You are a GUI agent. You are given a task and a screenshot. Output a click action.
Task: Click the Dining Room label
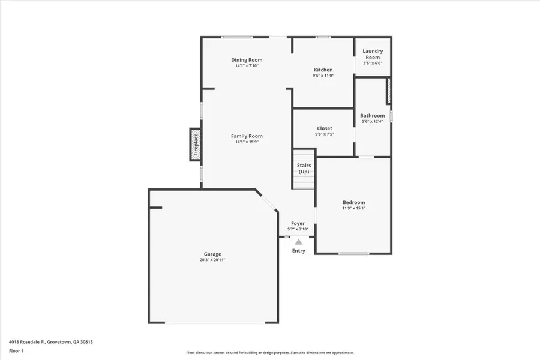(x=247, y=60)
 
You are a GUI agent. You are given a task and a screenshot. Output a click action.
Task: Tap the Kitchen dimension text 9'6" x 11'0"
(x=323, y=76)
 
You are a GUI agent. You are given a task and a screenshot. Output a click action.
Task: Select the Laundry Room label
(x=373, y=54)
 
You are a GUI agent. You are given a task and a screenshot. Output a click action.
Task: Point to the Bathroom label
(x=372, y=116)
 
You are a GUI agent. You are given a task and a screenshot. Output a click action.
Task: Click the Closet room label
(x=324, y=128)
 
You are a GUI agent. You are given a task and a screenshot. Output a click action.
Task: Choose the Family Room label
(x=247, y=136)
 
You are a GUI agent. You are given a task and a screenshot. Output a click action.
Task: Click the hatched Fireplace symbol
(x=195, y=145)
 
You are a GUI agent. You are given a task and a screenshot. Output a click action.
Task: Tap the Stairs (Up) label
(x=304, y=169)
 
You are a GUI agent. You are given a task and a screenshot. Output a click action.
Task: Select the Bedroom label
(x=353, y=203)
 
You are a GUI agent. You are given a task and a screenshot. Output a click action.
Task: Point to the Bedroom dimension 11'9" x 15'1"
(x=353, y=209)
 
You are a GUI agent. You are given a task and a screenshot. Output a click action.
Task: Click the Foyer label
(x=298, y=223)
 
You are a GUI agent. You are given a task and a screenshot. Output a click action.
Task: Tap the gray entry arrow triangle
(x=298, y=241)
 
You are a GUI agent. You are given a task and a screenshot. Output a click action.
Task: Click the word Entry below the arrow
(x=298, y=251)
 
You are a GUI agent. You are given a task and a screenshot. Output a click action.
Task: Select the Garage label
(x=212, y=254)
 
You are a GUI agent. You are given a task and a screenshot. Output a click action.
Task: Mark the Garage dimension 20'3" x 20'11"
(x=212, y=260)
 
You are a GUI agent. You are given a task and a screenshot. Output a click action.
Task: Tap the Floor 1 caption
(x=16, y=350)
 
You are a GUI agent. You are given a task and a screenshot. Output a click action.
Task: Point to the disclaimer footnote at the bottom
(x=270, y=353)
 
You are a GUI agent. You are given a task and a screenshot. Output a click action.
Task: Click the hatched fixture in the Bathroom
(x=388, y=90)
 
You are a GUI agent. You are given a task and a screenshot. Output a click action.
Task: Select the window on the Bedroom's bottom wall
(x=353, y=254)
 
